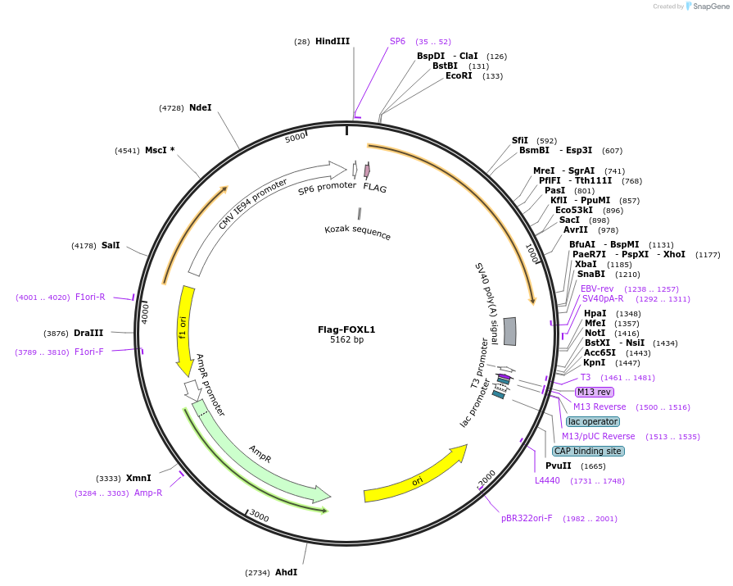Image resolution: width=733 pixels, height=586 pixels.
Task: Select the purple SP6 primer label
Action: (x=397, y=41)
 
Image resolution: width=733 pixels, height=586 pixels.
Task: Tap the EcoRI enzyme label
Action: (x=459, y=76)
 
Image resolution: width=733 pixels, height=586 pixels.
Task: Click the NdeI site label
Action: (x=200, y=107)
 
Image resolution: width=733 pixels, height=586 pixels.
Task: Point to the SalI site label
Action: (x=111, y=245)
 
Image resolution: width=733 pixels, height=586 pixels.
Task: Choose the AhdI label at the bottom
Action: (x=286, y=572)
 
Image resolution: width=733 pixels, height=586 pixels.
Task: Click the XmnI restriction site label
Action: (x=138, y=478)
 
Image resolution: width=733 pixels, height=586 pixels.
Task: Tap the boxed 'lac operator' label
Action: (x=592, y=421)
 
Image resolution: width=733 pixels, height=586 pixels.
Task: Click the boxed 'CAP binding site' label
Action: (x=588, y=451)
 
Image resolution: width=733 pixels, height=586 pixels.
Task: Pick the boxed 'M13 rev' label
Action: (x=595, y=392)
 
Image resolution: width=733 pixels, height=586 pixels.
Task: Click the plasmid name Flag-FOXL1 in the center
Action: (x=346, y=329)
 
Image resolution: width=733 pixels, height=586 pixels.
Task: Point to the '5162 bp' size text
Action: (x=346, y=340)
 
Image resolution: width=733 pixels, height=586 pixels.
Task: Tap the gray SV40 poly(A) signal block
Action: (x=509, y=331)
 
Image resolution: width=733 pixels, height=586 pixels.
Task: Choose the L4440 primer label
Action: (x=547, y=480)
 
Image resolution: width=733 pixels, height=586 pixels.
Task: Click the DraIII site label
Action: (x=88, y=333)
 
